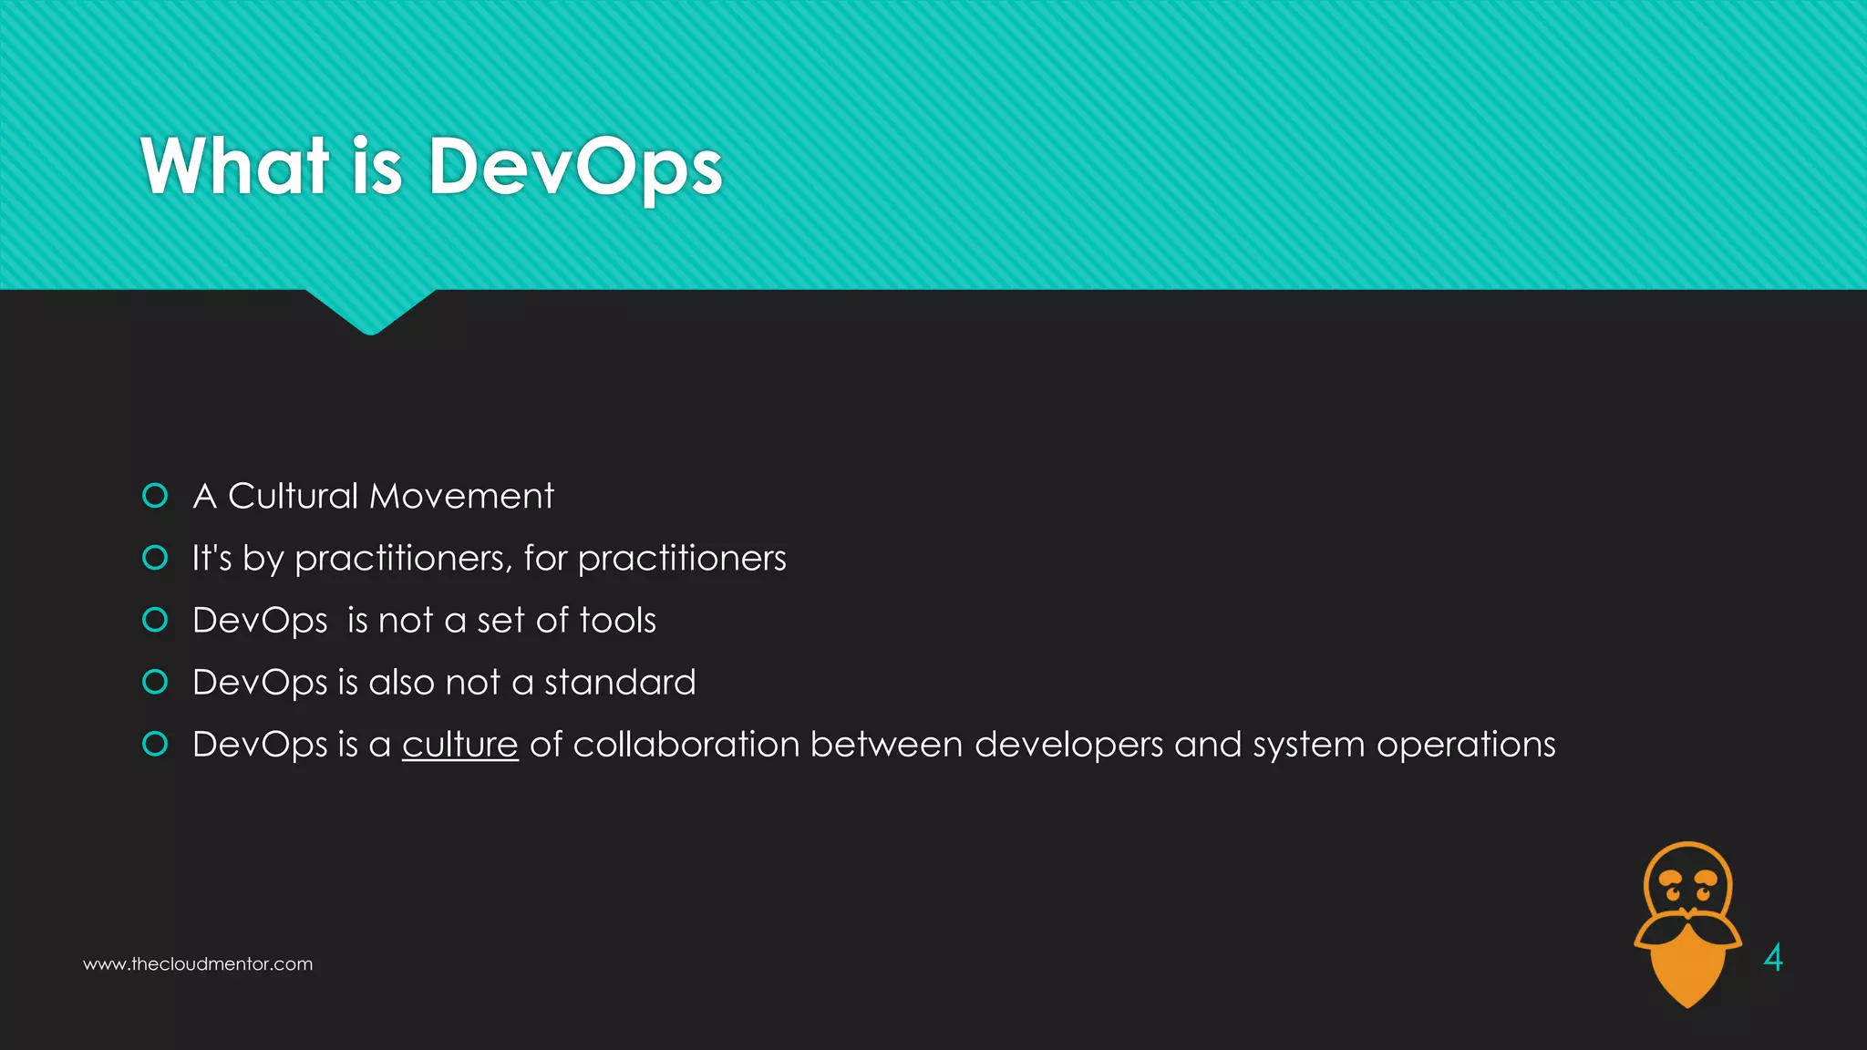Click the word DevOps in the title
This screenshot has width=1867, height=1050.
coord(575,167)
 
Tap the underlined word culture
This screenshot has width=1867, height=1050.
coord(459,745)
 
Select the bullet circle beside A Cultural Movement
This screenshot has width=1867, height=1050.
coord(156,496)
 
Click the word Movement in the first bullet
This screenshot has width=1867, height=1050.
coord(461,497)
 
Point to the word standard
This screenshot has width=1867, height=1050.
coord(620,683)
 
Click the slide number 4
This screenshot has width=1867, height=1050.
coord(1773,958)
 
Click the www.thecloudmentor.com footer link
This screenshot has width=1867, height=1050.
coord(198,964)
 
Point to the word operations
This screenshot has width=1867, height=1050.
coord(1466,746)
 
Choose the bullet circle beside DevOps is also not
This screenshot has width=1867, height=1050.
coord(156,682)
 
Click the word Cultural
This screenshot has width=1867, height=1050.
coord(293,497)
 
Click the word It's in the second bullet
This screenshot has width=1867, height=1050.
coord(211,559)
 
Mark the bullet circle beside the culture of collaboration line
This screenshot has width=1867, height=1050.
coord(156,744)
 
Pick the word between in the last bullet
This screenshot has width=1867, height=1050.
coord(886,745)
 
